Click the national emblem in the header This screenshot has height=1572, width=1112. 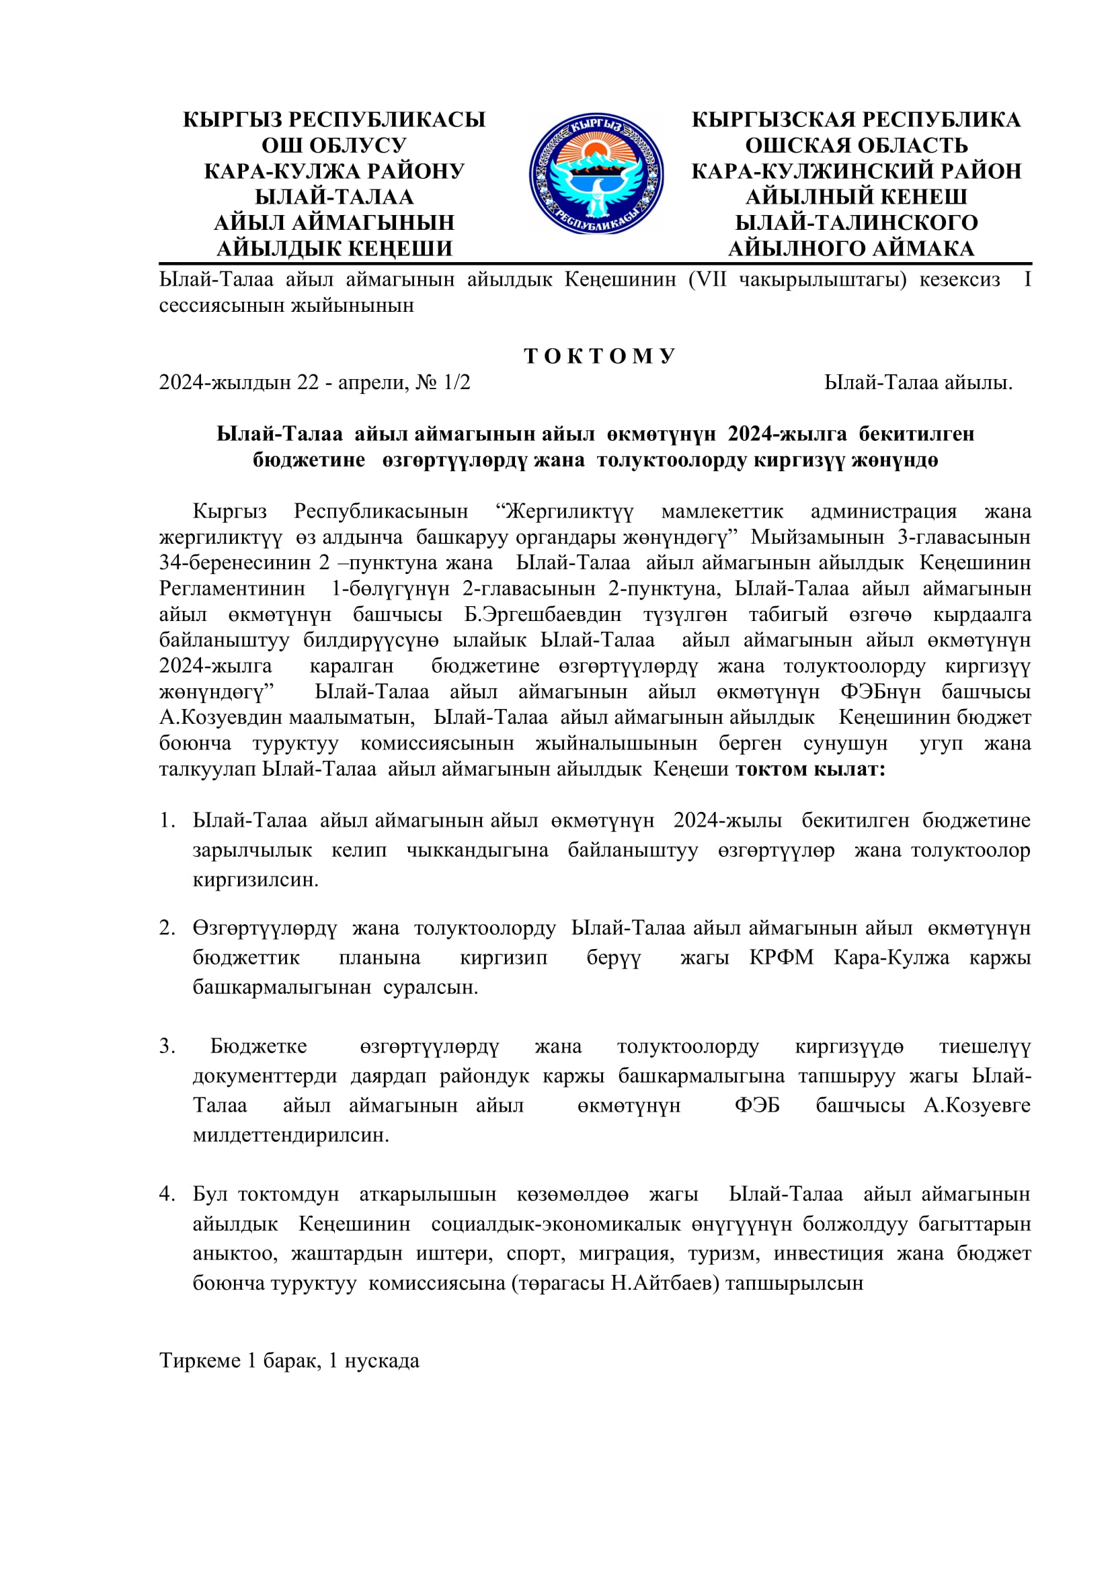pyautogui.click(x=596, y=174)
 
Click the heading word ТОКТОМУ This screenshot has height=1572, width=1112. pyautogui.click(x=600, y=356)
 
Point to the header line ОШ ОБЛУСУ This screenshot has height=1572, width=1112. pyautogui.click(x=334, y=145)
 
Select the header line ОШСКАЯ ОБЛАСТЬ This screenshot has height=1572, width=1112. pyautogui.click(x=856, y=145)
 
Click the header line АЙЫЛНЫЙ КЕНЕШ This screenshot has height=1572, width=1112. pyautogui.click(x=856, y=196)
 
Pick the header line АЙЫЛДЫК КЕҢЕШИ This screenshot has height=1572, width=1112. pyautogui.click(x=334, y=248)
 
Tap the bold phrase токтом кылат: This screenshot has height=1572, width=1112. pyautogui.click(x=810, y=769)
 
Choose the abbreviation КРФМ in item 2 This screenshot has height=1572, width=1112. pyautogui.click(x=781, y=957)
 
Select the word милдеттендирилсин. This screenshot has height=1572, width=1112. pyautogui.click(x=291, y=1135)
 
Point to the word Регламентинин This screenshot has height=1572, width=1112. pyautogui.click(x=232, y=588)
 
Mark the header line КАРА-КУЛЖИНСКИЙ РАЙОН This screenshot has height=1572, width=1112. pyautogui.click(x=856, y=171)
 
